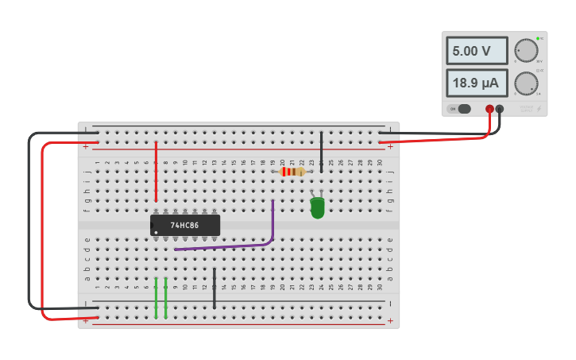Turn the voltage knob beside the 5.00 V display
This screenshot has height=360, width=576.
click(525, 50)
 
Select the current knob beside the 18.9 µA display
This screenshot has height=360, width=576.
click(525, 83)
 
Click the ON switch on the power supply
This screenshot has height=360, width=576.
click(460, 109)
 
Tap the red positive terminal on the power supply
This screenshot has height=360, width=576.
click(489, 109)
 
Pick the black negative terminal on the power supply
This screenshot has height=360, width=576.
click(500, 109)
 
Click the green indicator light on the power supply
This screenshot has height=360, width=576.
click(538, 38)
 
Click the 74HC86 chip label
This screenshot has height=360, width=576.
click(184, 225)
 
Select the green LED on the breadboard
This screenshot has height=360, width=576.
click(317, 208)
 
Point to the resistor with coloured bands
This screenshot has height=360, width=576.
click(292, 172)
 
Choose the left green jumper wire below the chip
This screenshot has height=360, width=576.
click(156, 297)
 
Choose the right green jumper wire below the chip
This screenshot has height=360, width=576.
click(165, 297)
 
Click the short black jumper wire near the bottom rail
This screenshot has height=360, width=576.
click(214, 288)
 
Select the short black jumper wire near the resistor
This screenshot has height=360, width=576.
click(321, 151)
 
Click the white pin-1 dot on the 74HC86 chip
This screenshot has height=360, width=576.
click(156, 233)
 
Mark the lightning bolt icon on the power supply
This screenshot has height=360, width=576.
click(539, 109)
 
